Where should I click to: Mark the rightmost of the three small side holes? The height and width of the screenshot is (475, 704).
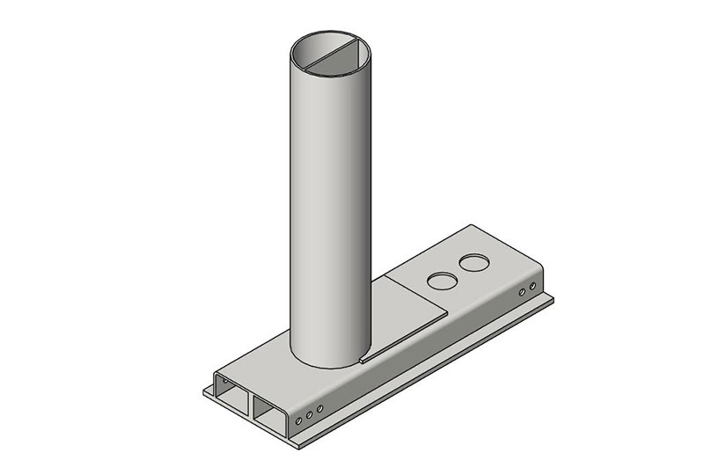point(321,408)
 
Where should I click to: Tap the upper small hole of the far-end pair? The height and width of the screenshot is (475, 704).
point(532,285)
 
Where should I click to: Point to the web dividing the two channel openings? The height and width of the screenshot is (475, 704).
point(252,400)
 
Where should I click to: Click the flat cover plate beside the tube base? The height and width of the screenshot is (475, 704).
point(414,308)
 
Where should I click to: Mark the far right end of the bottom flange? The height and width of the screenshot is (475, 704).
point(552,300)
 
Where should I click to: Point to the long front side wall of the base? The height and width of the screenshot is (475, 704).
point(422,352)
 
